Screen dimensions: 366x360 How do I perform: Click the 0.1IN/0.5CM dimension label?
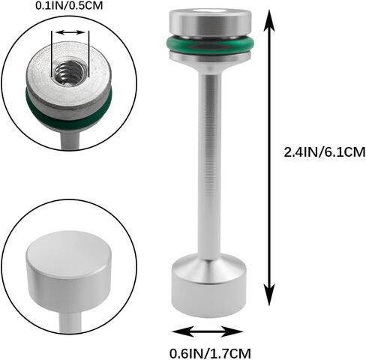pyautogui.click(x=69, y=6)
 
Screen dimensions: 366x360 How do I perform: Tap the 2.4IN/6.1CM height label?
pyautogui.click(x=325, y=152)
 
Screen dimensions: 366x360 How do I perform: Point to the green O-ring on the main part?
pyautogui.click(x=210, y=45)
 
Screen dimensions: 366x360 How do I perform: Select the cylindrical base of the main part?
pyautogui.click(x=208, y=287)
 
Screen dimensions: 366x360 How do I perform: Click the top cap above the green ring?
pyautogui.click(x=210, y=22)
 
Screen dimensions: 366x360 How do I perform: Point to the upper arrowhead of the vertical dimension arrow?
pyautogui.click(x=269, y=20)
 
